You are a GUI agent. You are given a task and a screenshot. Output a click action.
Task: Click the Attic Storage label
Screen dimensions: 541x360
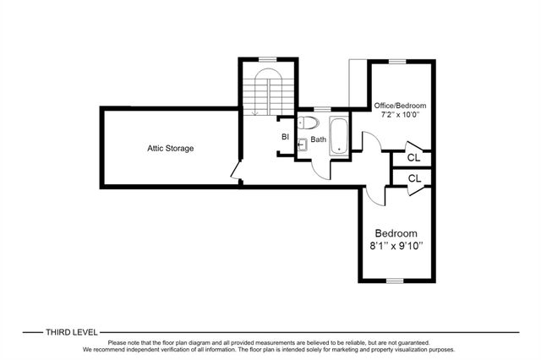(171, 149)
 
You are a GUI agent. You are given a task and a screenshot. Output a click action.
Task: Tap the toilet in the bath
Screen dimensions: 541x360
(307, 122)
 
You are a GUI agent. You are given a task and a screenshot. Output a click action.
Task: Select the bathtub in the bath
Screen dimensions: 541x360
(339, 137)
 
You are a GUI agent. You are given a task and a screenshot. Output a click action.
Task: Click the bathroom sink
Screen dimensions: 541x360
(302, 145)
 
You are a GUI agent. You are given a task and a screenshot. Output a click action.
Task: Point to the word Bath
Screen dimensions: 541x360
(318, 139)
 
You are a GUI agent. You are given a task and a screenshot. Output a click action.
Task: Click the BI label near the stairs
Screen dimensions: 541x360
(285, 137)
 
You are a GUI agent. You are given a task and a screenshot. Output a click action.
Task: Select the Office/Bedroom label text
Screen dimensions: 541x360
(400, 106)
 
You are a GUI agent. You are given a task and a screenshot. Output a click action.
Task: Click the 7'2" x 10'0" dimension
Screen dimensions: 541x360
(400, 115)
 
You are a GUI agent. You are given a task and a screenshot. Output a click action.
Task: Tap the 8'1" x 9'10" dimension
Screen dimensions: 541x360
(396, 246)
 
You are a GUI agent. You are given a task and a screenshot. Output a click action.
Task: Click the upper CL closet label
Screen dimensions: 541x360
(413, 158)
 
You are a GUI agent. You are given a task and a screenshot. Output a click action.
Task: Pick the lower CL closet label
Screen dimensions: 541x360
(414, 178)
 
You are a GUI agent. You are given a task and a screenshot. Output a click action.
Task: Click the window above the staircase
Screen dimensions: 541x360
(268, 59)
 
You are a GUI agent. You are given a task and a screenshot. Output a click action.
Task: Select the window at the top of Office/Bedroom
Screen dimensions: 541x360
(397, 62)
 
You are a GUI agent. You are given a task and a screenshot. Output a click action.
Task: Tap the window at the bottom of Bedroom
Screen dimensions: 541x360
(395, 281)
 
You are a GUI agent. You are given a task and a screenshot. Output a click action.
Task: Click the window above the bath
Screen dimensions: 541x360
(322, 109)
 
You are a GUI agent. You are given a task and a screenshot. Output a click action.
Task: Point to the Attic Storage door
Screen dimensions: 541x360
(235, 170)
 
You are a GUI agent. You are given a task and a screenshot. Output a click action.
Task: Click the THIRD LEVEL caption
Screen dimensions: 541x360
(72, 332)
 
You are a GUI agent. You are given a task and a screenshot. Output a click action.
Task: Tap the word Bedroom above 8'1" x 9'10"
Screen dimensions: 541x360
(396, 233)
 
